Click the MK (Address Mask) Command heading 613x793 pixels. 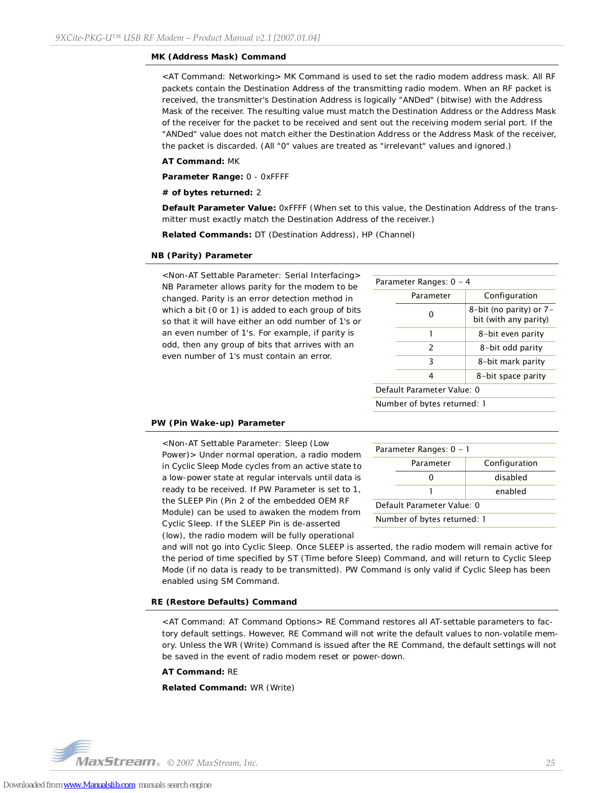coord(219,57)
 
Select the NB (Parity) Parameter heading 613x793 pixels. coord(202,255)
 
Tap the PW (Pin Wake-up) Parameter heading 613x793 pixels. coord(218,423)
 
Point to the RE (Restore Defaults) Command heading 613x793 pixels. coord(224,602)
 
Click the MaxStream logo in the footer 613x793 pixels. coord(105,755)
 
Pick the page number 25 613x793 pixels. coord(550,763)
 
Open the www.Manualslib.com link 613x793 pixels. coord(100,785)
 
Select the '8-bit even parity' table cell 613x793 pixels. coord(511,334)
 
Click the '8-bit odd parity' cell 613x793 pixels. coord(511,347)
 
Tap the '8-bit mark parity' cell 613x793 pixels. coord(511,361)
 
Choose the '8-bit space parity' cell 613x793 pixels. coord(511,376)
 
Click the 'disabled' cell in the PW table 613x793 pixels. coord(510,477)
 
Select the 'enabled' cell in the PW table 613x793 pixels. coord(510,491)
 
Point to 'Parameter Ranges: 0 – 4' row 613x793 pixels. coord(423,282)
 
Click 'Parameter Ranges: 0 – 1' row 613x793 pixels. coord(422,449)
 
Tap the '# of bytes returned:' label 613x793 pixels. coord(208,192)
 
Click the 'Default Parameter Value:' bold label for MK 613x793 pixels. coord(219,208)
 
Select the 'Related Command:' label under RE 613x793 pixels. coord(204,687)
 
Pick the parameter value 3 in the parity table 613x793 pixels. coord(431,361)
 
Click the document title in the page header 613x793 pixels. coord(187,38)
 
